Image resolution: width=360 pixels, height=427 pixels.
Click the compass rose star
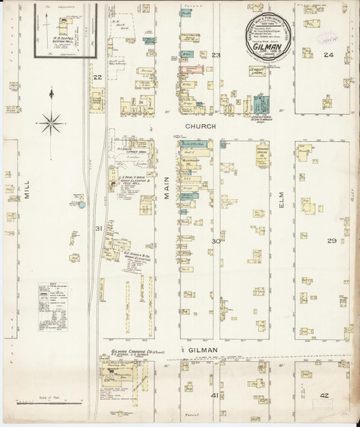tap(51, 123)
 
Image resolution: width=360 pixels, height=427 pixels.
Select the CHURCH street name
tap(202, 126)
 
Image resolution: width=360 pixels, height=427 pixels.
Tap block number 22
tap(97, 78)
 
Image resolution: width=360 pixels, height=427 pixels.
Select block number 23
tap(216, 55)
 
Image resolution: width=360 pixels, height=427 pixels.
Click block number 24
tap(328, 55)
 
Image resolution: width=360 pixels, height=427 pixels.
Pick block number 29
tap(331, 241)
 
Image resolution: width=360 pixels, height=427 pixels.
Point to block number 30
tap(216, 241)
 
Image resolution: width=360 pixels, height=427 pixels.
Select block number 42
tap(325, 395)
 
